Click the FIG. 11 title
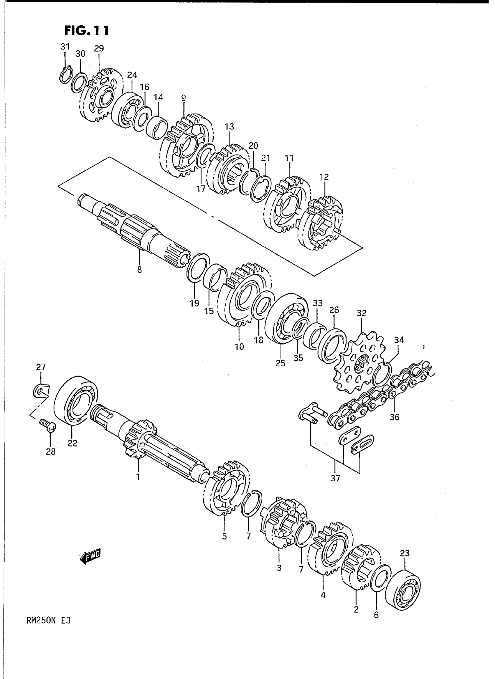click(x=86, y=31)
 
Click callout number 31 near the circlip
click(x=65, y=47)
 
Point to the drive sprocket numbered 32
click(x=361, y=364)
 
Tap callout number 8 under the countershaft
click(x=139, y=270)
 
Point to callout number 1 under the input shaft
click(x=138, y=477)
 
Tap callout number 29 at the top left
click(x=99, y=49)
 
